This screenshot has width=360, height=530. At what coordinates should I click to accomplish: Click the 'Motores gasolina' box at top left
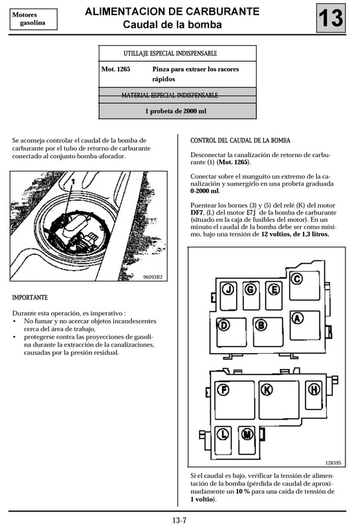[29, 19]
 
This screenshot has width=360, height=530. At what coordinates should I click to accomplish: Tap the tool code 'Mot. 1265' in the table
[115, 69]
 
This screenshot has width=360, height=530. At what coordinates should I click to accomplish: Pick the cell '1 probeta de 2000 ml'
[176, 111]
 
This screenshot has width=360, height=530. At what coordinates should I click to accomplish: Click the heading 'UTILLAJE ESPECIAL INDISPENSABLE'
[170, 53]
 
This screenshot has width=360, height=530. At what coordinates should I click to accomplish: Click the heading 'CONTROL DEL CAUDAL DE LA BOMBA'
[240, 141]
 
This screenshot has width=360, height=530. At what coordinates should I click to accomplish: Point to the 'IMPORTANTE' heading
[35, 297]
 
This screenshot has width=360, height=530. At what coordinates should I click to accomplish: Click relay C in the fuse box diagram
[298, 279]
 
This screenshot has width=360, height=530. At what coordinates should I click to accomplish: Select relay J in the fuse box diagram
[228, 290]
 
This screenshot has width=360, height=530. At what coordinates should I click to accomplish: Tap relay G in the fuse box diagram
[251, 290]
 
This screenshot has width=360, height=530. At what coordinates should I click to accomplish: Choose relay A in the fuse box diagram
[298, 319]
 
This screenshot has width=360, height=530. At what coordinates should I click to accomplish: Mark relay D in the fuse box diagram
[224, 325]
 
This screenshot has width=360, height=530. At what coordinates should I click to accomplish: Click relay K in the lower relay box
[267, 390]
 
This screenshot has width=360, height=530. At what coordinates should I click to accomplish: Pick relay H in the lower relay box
[314, 390]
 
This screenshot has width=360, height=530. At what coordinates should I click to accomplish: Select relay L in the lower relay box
[224, 434]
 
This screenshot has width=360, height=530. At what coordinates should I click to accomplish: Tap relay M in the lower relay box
[247, 434]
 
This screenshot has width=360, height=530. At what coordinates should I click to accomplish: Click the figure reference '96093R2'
[153, 277]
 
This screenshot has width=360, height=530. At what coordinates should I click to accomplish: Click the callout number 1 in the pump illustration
[70, 181]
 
